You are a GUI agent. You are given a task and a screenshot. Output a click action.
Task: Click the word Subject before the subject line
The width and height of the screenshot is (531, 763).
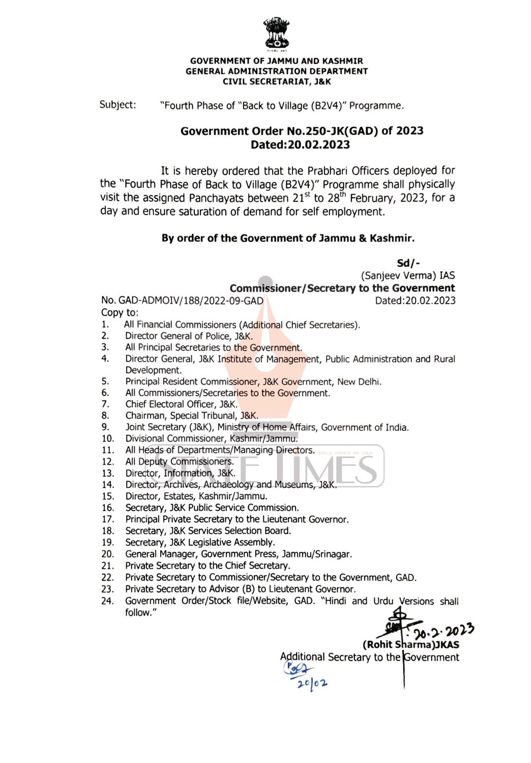coord(117,105)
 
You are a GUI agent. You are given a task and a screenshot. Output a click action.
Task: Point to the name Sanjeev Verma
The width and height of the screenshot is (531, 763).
coord(398,275)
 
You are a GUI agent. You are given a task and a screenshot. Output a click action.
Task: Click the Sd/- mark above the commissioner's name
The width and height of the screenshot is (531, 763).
coord(408,262)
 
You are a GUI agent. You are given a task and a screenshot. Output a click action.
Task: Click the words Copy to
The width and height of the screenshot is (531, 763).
coord(120,312)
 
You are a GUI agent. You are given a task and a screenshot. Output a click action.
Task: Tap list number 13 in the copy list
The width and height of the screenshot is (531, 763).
coord(107,473)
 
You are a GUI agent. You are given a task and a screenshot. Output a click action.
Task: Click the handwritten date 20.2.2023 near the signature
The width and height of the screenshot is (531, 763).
coord(444,631)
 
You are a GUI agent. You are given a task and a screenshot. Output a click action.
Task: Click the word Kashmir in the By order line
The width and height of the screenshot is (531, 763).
coord(391,238)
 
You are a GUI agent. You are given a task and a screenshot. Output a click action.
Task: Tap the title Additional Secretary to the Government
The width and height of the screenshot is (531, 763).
coord(369,657)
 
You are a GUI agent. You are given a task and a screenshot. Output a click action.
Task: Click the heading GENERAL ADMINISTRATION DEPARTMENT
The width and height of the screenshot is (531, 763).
coord(276,71)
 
